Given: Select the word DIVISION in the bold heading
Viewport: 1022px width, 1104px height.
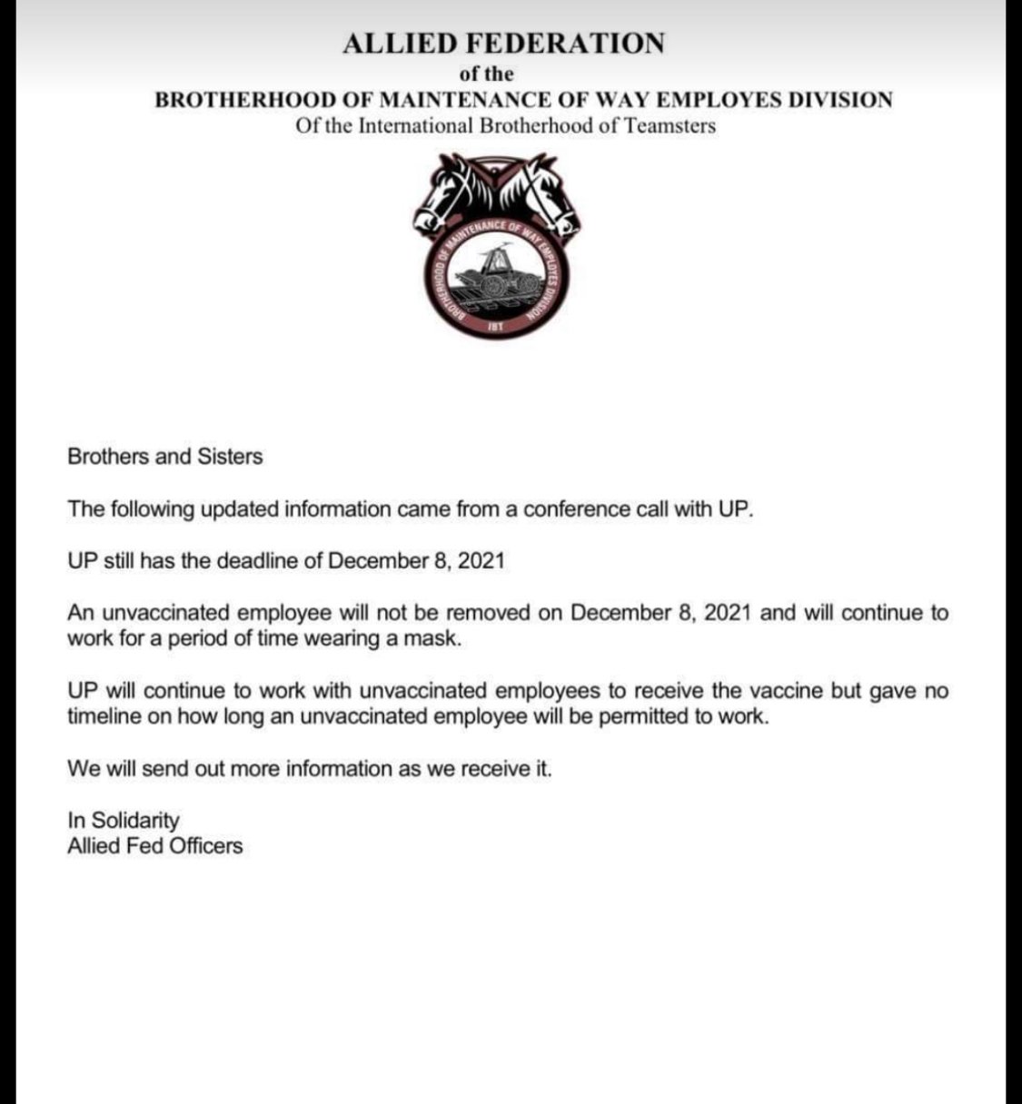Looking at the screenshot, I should pyautogui.click(x=835, y=100).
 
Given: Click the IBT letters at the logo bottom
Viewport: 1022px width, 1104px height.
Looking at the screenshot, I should pyautogui.click(x=495, y=323).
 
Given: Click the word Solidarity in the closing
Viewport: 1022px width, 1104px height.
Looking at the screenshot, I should pyautogui.click(x=135, y=821).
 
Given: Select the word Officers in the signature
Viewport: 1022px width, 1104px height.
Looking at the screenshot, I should pyautogui.click(x=207, y=846).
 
